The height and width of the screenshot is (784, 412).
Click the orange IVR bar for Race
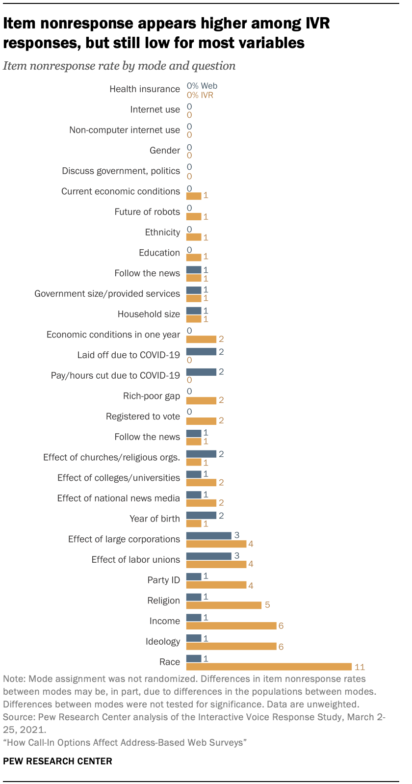click(x=269, y=667)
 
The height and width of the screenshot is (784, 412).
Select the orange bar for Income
click(x=232, y=626)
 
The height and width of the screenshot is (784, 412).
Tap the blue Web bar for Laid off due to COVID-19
click(x=201, y=351)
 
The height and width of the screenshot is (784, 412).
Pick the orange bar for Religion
click(x=224, y=605)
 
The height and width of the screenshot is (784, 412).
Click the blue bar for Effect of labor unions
click(x=209, y=556)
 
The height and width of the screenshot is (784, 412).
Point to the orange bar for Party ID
click(x=216, y=585)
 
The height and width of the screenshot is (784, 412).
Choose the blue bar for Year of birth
click(x=201, y=515)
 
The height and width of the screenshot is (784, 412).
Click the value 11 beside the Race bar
click(x=360, y=667)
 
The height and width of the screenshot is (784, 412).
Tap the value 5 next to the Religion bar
click(x=267, y=605)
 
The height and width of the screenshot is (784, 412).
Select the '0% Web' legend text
click(x=202, y=86)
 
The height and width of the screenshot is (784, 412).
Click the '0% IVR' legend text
click(x=200, y=95)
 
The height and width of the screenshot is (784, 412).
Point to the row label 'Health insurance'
click(x=145, y=89)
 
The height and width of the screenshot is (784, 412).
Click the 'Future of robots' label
click(x=147, y=212)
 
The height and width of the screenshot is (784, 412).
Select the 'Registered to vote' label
click(x=143, y=417)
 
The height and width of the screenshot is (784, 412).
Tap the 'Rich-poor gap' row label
click(x=152, y=396)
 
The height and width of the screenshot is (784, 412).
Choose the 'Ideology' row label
click(x=163, y=642)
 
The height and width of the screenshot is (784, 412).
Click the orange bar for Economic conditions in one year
click(x=201, y=339)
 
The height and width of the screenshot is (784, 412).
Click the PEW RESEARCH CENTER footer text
click(x=57, y=761)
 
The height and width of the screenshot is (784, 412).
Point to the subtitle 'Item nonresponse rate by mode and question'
click(x=119, y=66)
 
